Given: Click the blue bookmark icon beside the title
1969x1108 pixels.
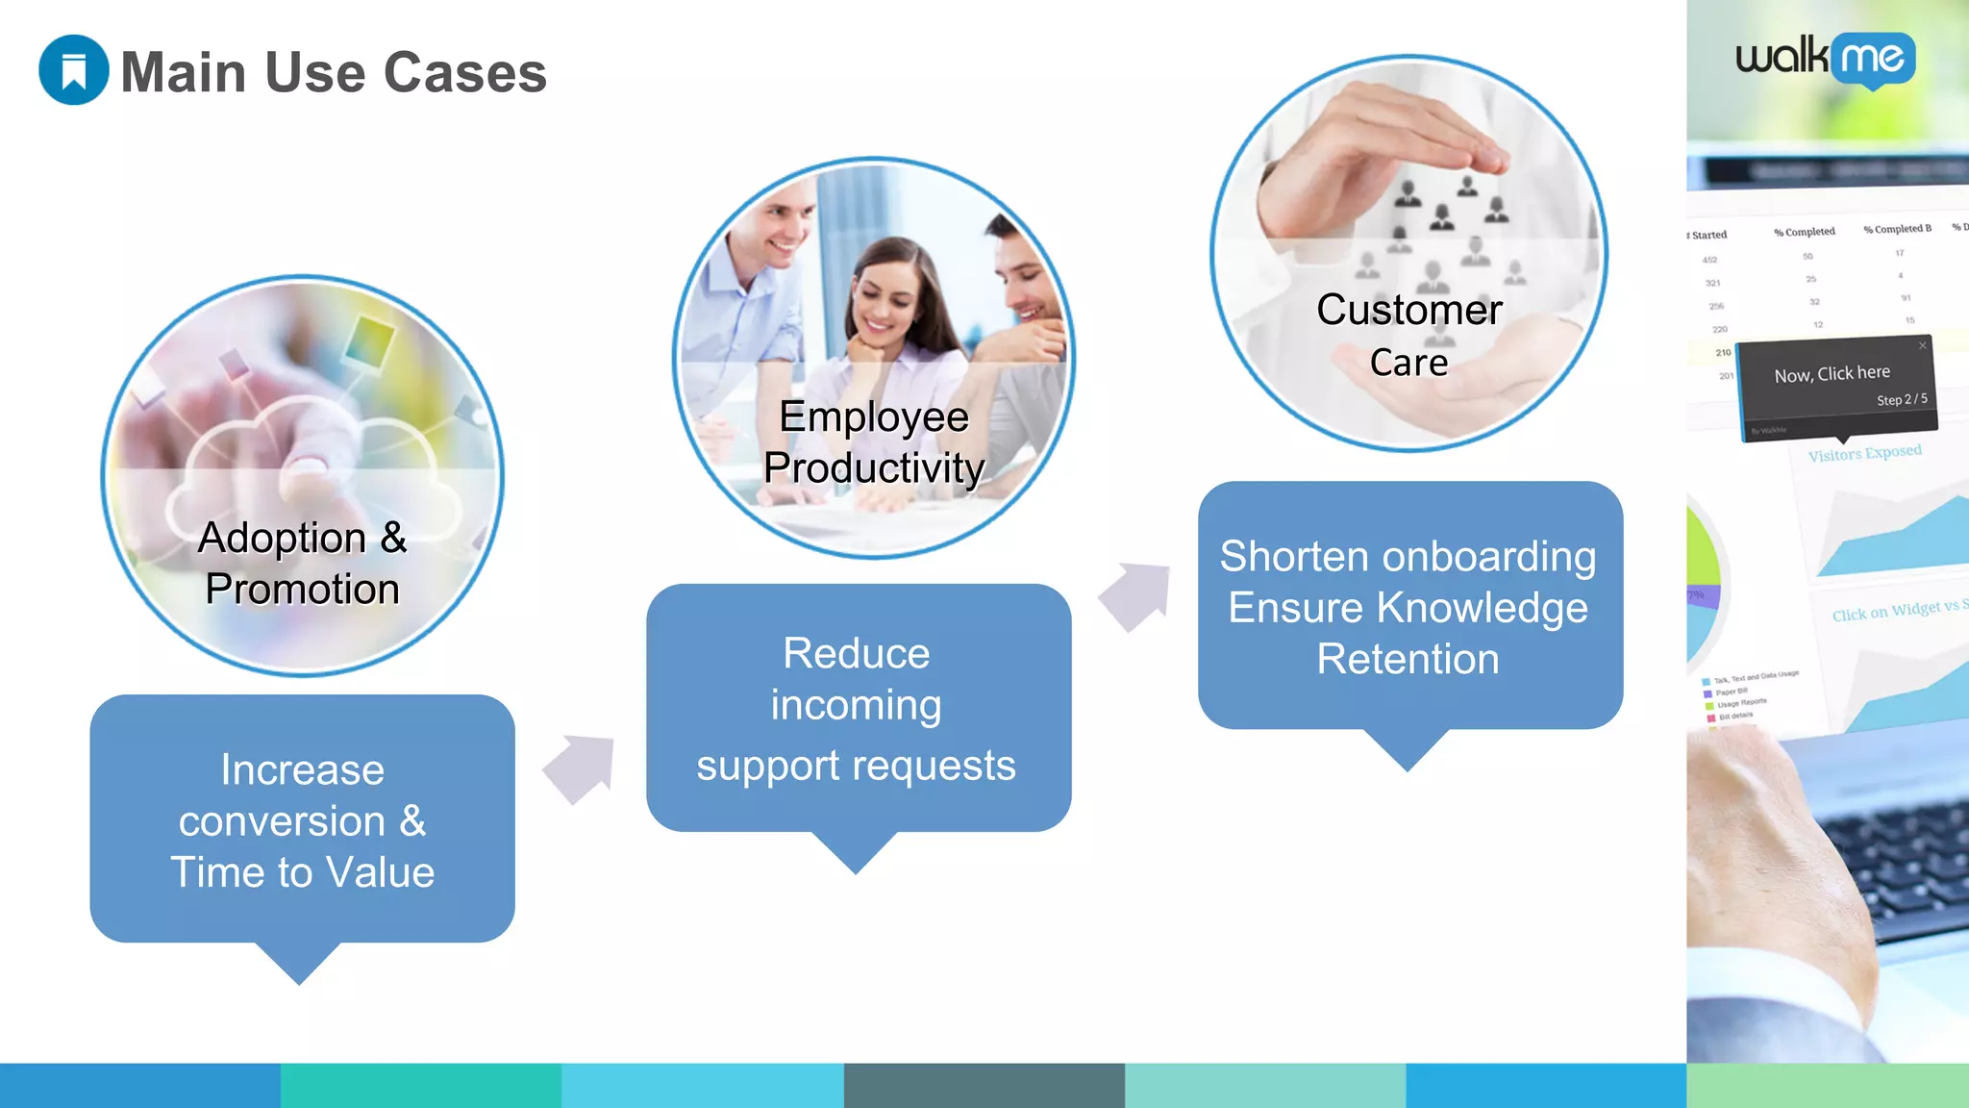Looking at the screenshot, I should pos(73,70).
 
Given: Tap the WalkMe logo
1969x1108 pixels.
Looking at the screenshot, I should pos(1825,60).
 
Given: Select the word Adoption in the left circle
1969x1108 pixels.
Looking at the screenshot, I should pos(282,539).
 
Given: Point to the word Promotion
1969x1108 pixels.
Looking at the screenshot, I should pos(302,590).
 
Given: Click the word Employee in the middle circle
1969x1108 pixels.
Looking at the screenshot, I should pos(873,417).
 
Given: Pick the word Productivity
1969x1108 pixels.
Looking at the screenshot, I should pos(873,468).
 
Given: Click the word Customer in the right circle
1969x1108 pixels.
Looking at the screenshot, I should pos(1408,311).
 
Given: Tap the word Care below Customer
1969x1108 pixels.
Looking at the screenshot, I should pos(1408,363).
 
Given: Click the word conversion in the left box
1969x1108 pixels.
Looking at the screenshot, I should pos(282,821).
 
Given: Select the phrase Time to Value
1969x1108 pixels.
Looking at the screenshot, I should pos(302,872).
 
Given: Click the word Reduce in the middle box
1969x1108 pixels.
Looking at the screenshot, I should pos(856,654).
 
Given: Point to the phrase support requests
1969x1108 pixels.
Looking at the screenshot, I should pos(856,766).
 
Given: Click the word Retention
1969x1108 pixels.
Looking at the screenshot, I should pos(1408,660).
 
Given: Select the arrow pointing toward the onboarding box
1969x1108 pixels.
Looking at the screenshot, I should pos(1136,594).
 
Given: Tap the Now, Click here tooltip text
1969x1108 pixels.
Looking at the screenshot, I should pos(1832,374).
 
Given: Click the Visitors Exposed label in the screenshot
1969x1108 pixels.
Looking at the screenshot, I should pos(1864,453).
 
